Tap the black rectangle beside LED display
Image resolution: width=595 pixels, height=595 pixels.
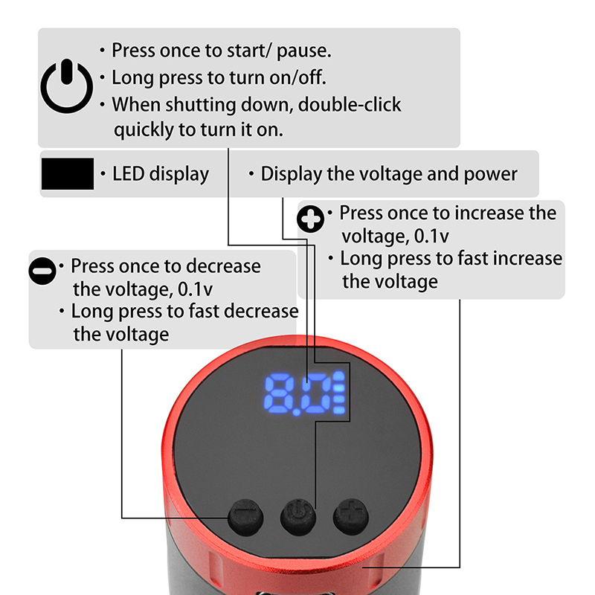[x=68, y=174]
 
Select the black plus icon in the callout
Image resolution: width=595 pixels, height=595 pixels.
[x=310, y=219]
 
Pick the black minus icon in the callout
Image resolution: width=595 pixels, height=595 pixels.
[x=42, y=271]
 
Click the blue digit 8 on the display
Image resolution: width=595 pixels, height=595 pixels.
[x=278, y=393]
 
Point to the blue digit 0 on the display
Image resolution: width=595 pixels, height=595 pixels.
[x=317, y=393]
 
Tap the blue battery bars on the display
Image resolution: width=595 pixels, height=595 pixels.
[x=339, y=393]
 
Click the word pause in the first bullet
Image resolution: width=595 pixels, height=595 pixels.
[x=304, y=51]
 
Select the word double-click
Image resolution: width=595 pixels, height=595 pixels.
[x=350, y=104]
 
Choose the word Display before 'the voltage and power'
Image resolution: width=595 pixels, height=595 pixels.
[x=291, y=175]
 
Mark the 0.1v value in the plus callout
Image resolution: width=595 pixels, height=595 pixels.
[x=431, y=236]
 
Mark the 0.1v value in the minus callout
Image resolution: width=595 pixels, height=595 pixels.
[x=196, y=289]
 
